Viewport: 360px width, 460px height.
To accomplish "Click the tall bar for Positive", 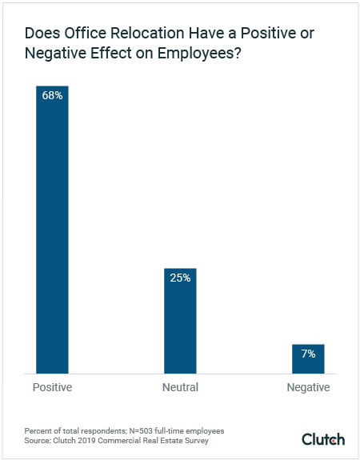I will pyautogui.click(x=52, y=232).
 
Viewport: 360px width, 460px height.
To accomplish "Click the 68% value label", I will pyautogui.click(x=53, y=95).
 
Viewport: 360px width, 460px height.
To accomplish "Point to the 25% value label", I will pyautogui.click(x=180, y=278).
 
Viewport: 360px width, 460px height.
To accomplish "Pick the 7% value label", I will pyautogui.click(x=308, y=354).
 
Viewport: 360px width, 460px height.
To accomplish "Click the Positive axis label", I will pyautogui.click(x=52, y=388).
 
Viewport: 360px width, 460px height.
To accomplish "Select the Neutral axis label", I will pyautogui.click(x=180, y=388).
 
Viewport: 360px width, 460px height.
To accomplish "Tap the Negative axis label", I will pyautogui.click(x=308, y=388).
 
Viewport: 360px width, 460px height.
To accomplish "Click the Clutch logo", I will pyautogui.click(x=323, y=439).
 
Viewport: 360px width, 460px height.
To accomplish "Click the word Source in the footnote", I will pyautogui.click(x=39, y=440).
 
